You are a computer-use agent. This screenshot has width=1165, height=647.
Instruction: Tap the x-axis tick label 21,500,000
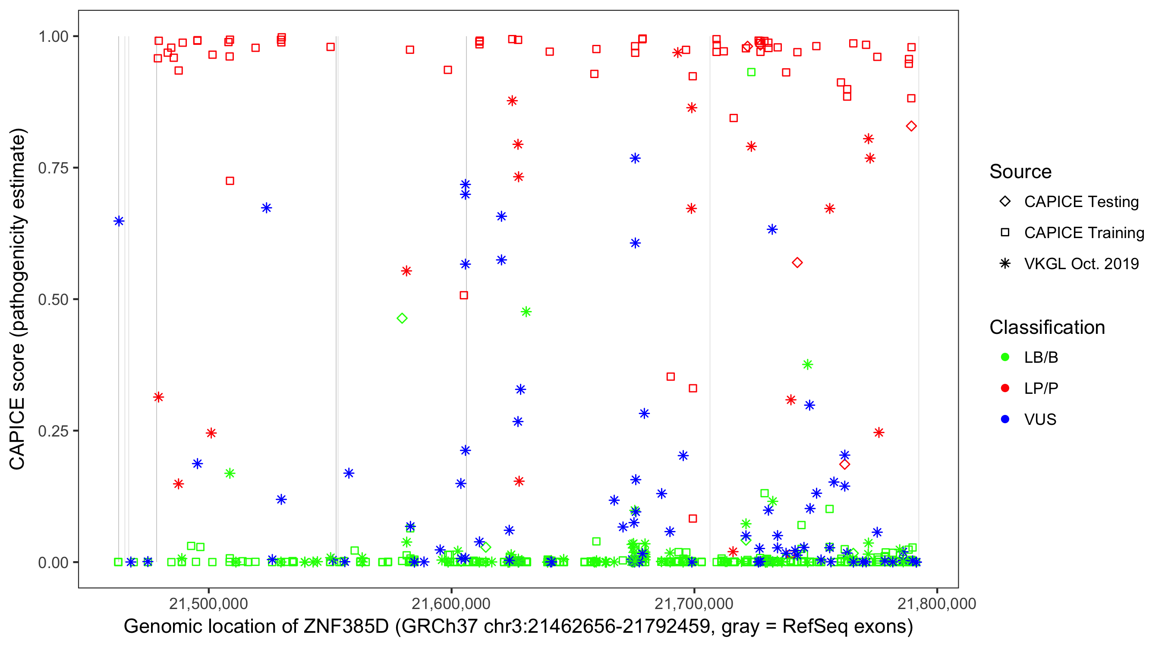(x=208, y=603)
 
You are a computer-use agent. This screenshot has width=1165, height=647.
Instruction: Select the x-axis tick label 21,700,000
(x=694, y=603)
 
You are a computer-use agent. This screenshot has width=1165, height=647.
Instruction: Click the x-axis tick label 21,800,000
(x=937, y=603)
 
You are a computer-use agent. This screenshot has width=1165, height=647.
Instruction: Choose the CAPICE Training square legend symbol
(x=1005, y=232)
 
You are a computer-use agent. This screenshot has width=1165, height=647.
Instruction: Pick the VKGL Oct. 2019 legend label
(x=1081, y=264)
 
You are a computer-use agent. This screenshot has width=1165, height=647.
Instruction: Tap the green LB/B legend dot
(x=1005, y=357)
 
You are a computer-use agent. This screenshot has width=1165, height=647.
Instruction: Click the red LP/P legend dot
(x=1005, y=388)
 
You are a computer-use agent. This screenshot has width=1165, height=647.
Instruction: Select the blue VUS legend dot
(x=1005, y=419)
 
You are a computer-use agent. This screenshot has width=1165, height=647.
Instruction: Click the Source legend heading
(x=1020, y=172)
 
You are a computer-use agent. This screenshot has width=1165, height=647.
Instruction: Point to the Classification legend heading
(x=1047, y=327)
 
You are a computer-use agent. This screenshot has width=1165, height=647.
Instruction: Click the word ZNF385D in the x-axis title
(x=346, y=627)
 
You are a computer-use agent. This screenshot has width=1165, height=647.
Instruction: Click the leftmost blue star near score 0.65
(x=119, y=221)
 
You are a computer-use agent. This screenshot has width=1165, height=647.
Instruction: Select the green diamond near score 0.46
(x=402, y=318)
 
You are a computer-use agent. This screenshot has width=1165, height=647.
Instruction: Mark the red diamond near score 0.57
(x=797, y=263)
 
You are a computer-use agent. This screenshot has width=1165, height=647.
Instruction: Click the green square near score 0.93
(x=751, y=72)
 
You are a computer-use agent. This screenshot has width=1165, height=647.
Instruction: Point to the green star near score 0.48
(x=526, y=311)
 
